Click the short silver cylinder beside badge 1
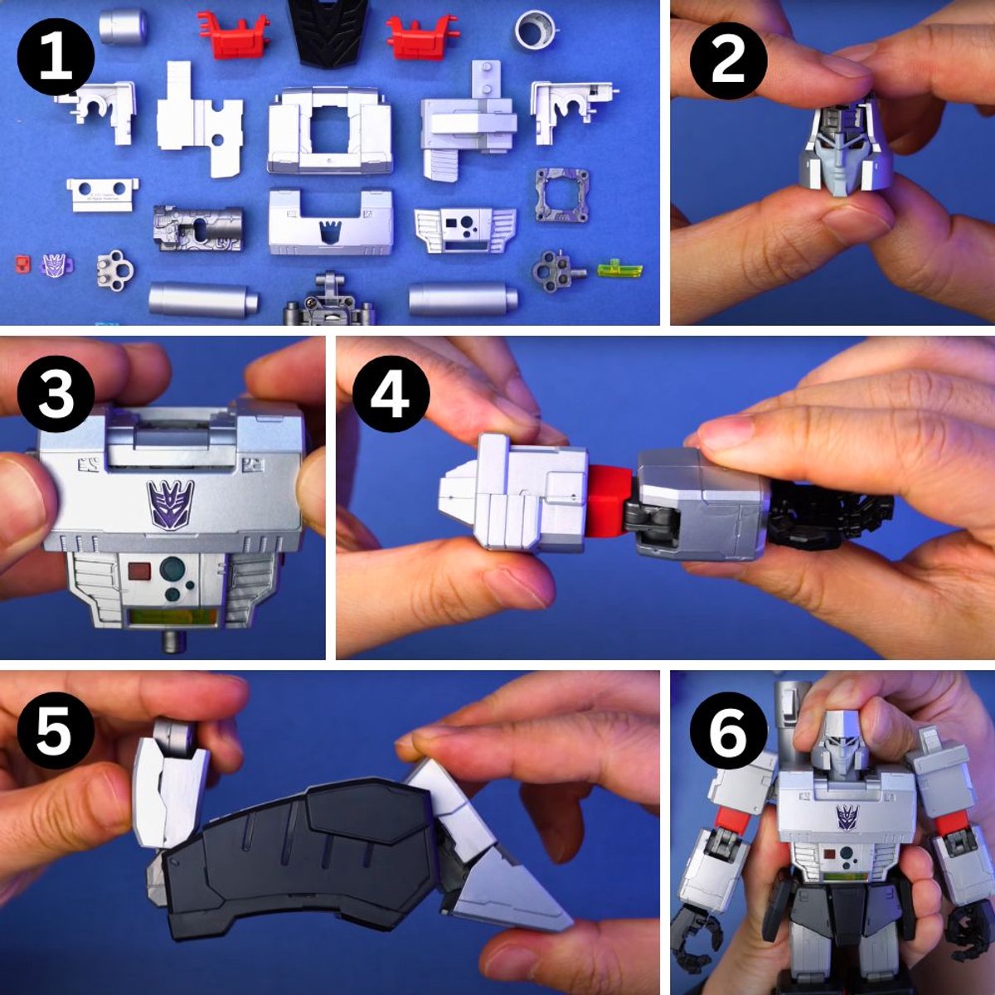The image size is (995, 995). (124, 26)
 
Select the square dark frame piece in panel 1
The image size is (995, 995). (561, 196)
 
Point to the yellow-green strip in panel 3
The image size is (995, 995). (172, 618)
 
